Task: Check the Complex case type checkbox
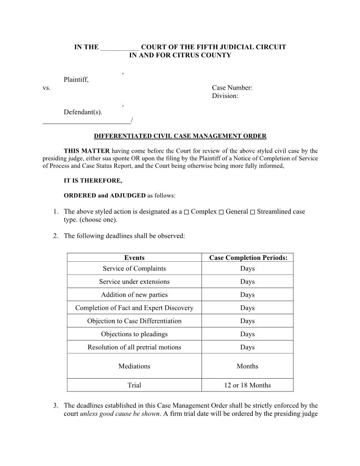pyautogui.click(x=187, y=212)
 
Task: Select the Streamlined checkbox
pyautogui.click(x=252, y=212)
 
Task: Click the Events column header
pyautogui.click(x=134, y=258)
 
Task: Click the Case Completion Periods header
pyautogui.click(x=248, y=258)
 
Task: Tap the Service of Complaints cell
pyautogui.click(x=134, y=268)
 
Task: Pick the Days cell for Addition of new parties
pyautogui.click(x=247, y=295)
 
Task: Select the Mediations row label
pyautogui.click(x=134, y=366)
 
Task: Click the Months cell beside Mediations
pyautogui.click(x=247, y=366)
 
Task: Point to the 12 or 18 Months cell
pyautogui.click(x=247, y=385)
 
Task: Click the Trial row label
pyautogui.click(x=134, y=385)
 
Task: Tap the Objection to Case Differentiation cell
pyautogui.click(x=134, y=321)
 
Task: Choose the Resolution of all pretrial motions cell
pyautogui.click(x=134, y=347)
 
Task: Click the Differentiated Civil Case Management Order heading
pyautogui.click(x=180, y=136)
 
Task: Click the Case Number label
pyautogui.click(x=232, y=88)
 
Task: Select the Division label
pyautogui.click(x=225, y=96)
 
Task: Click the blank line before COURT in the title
pyautogui.click(x=120, y=48)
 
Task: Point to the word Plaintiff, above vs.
pyautogui.click(x=76, y=80)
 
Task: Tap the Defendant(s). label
pyautogui.click(x=83, y=112)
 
